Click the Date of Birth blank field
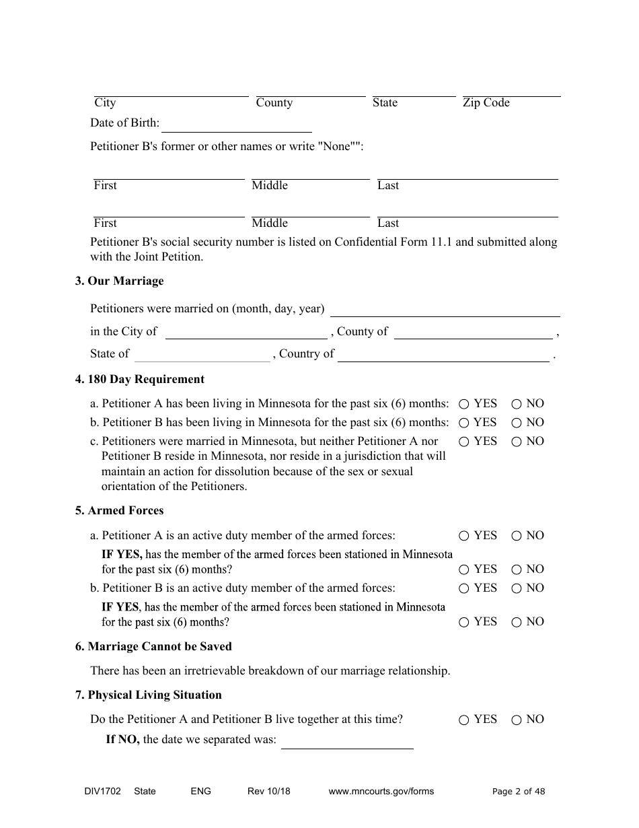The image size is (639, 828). pos(237,125)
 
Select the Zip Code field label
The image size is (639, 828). pos(486,103)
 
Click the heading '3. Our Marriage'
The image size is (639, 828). pos(119,281)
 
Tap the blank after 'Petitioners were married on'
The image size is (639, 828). pos(445,309)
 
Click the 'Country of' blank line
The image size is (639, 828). pos(443,354)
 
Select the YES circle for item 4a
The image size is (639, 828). pos(464,404)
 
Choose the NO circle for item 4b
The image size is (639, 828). pos(517,423)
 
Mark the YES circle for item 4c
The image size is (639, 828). pos(464,442)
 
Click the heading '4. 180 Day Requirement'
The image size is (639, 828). pos(139,379)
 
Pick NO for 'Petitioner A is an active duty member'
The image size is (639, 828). pos(517,536)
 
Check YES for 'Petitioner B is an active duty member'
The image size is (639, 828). pos(464,588)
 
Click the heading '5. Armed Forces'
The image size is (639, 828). pos(119,510)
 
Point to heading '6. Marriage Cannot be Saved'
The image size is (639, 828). pos(153,646)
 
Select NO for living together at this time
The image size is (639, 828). pos(517,720)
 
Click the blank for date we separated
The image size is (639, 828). pos(347,740)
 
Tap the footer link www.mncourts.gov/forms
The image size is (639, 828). pos(381,792)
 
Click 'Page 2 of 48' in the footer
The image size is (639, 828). pos(519,792)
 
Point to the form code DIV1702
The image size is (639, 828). pos(98,792)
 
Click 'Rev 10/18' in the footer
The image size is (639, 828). pos(269,792)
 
